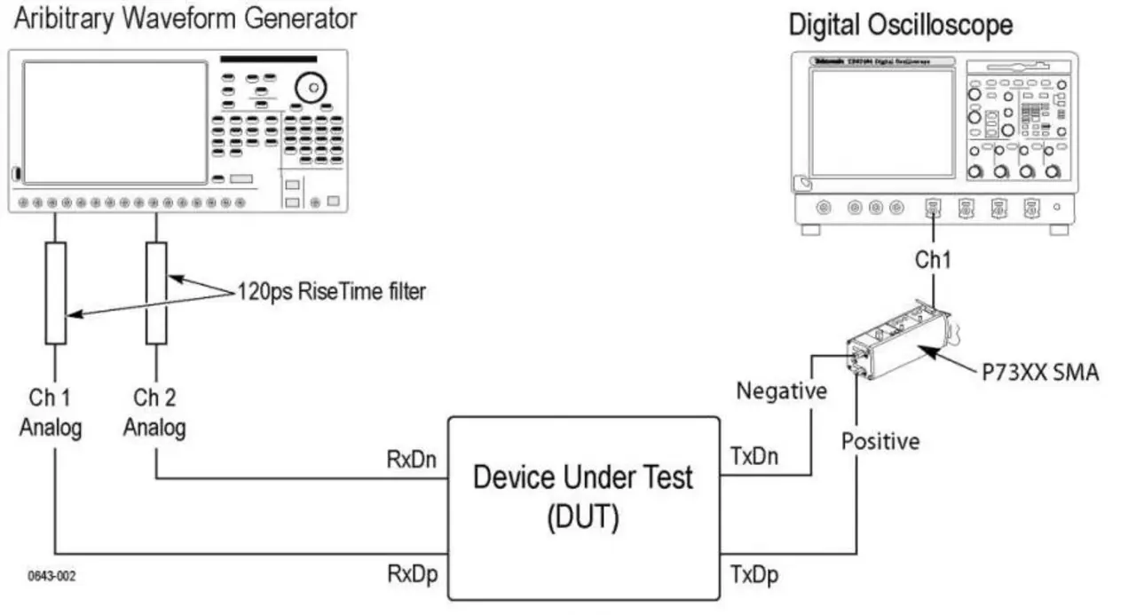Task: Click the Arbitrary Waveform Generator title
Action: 185,18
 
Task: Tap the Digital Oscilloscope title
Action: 900,25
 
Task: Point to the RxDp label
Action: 411,575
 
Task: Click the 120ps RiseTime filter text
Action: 331,291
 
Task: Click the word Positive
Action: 880,441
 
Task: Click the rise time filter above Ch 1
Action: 55,293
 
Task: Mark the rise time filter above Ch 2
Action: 156,293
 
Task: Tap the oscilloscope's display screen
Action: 880,122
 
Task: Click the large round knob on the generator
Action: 312,86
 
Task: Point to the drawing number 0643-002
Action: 51,576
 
